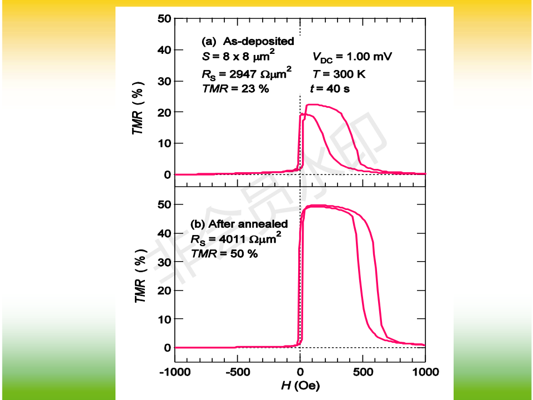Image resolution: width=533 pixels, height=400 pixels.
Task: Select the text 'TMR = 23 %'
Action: pos(235,88)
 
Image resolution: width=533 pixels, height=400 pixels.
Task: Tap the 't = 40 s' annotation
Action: pos(329,88)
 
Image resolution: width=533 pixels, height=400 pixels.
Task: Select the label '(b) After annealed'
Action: pos(239,224)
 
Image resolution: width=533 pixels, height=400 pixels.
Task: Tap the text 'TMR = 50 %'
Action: pos(224,253)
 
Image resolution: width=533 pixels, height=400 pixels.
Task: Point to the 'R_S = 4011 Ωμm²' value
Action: pos(236,239)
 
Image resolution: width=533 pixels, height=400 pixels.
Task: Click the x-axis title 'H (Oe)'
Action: pos(300,385)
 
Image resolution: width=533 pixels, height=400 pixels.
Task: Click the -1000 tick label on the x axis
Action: pos(174,371)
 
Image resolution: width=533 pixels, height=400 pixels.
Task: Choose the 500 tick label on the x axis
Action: pos(363,371)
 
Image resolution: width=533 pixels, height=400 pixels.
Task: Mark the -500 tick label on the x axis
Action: pos(237,371)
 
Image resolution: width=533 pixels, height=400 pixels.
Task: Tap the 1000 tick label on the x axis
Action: pos(425,371)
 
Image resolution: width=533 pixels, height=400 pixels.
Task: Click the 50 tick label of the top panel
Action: pos(164,18)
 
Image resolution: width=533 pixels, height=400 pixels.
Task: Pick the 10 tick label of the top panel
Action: pos(164,143)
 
